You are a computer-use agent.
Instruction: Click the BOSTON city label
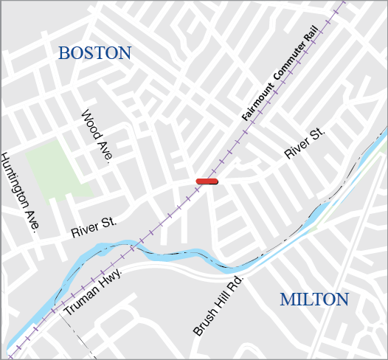click(94, 53)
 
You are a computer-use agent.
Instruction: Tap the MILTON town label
click(313, 300)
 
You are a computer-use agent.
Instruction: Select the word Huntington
click(14, 180)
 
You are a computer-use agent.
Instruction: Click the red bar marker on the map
click(207, 181)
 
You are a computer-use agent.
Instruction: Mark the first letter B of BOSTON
click(64, 53)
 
